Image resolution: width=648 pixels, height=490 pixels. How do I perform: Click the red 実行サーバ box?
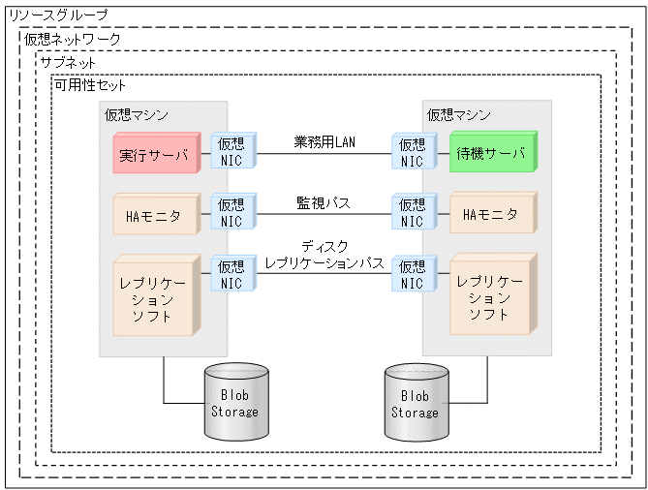(x=155, y=155)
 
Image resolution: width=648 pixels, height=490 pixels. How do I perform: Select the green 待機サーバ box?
(x=491, y=154)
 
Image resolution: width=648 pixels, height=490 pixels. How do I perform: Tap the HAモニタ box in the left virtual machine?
(x=155, y=215)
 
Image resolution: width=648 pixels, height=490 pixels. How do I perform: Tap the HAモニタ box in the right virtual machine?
(x=491, y=215)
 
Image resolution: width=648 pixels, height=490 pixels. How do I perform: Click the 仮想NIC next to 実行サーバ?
(x=231, y=153)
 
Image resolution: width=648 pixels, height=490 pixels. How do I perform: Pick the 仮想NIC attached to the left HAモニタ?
(x=231, y=213)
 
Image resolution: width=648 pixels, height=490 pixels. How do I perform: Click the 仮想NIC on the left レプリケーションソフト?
(x=231, y=275)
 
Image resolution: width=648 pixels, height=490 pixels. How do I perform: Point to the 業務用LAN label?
(x=324, y=141)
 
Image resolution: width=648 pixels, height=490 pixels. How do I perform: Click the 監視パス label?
(x=324, y=203)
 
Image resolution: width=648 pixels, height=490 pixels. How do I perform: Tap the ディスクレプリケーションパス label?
(x=324, y=255)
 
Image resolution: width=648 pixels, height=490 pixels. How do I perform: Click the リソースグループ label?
(x=58, y=16)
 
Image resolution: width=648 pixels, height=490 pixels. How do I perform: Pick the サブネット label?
(x=68, y=62)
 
